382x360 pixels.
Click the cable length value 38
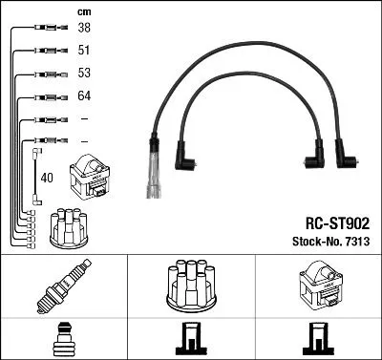coord(84,29)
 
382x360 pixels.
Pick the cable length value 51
coord(84,51)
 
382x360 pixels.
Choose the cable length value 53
coord(84,74)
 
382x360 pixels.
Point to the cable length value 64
coord(84,96)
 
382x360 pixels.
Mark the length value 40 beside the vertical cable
coord(47,177)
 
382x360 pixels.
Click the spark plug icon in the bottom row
coord(63,286)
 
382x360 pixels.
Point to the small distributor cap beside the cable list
coord(69,228)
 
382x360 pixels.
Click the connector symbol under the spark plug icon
coord(63,339)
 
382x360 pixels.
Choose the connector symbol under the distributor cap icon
coord(190,340)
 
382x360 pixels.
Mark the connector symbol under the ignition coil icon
coord(317,340)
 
